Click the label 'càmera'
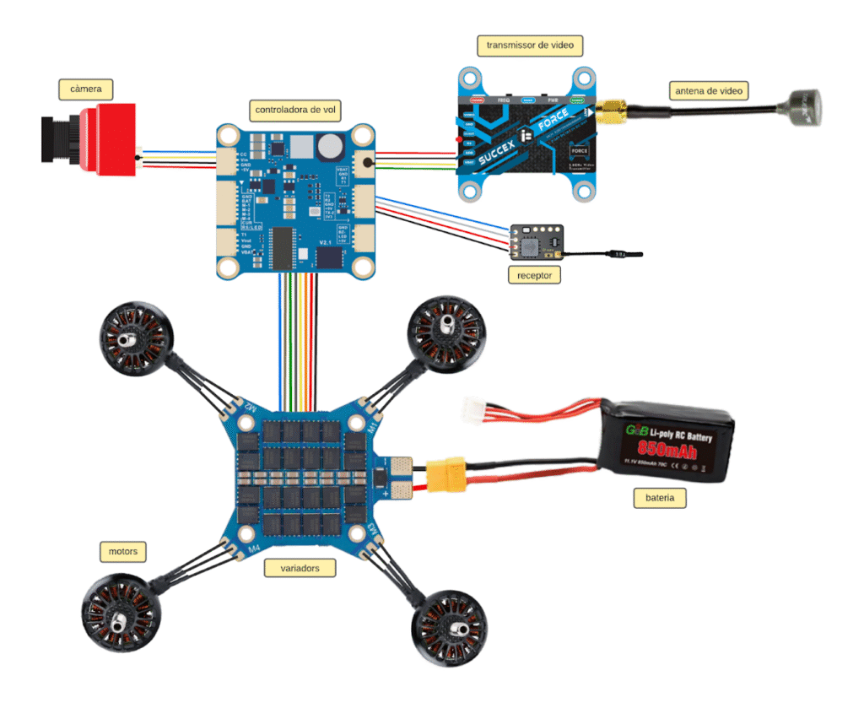(86, 88)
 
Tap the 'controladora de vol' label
(297, 109)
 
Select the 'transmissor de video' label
(530, 45)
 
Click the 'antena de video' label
(709, 90)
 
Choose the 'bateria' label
(660, 498)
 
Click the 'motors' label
(122, 552)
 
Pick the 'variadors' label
(299, 568)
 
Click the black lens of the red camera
(57, 138)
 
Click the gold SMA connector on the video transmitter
(610, 111)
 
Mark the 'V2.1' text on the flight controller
(327, 242)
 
